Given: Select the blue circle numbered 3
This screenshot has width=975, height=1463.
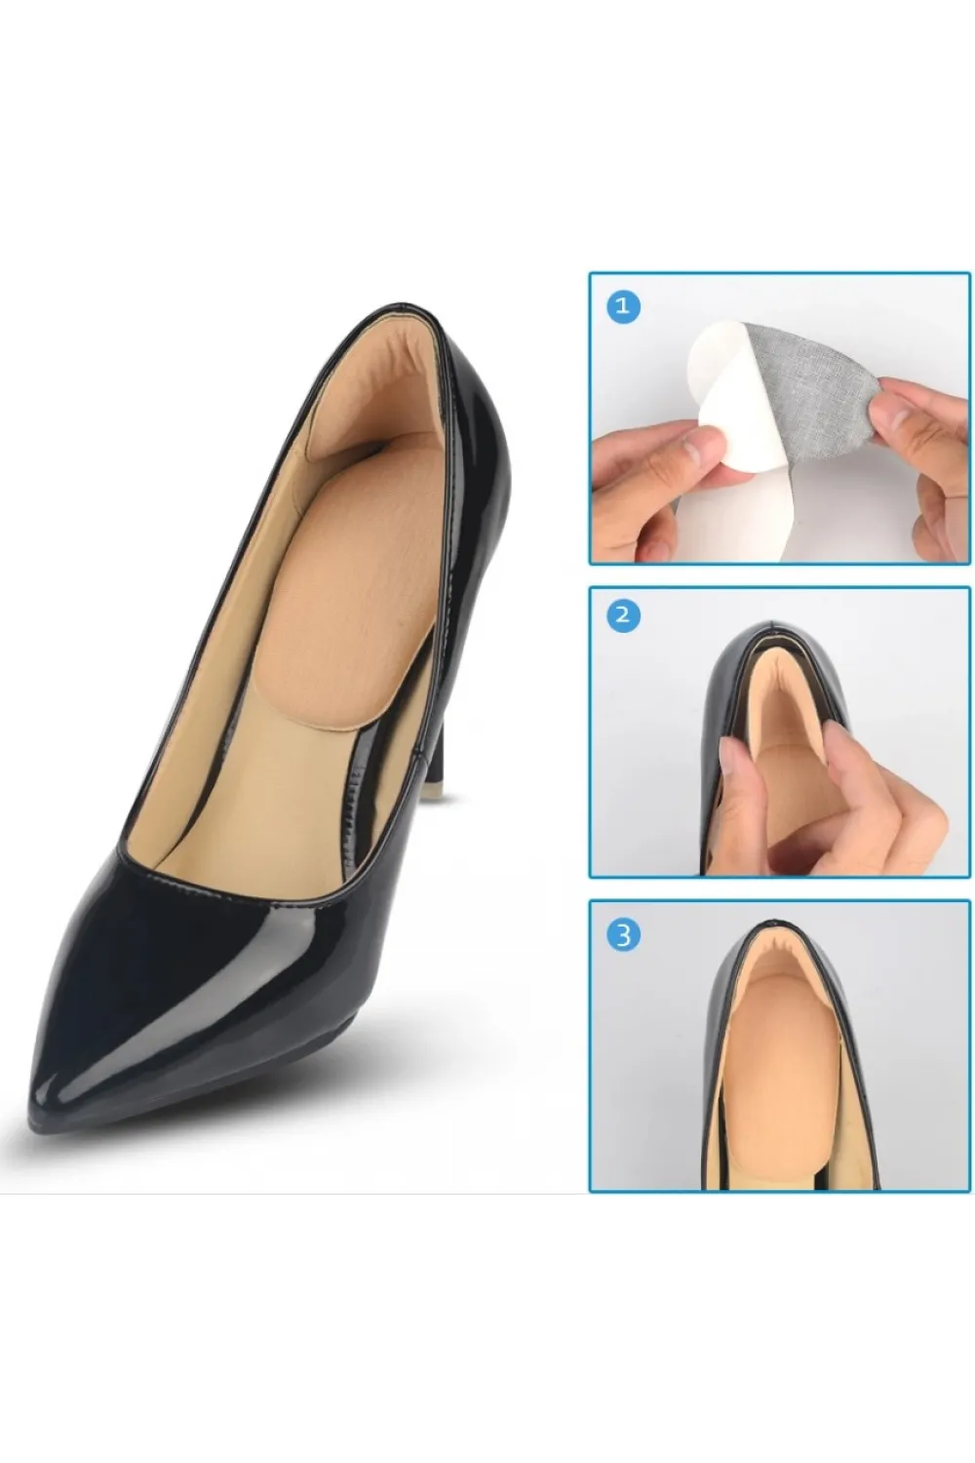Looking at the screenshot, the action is [623, 934].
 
